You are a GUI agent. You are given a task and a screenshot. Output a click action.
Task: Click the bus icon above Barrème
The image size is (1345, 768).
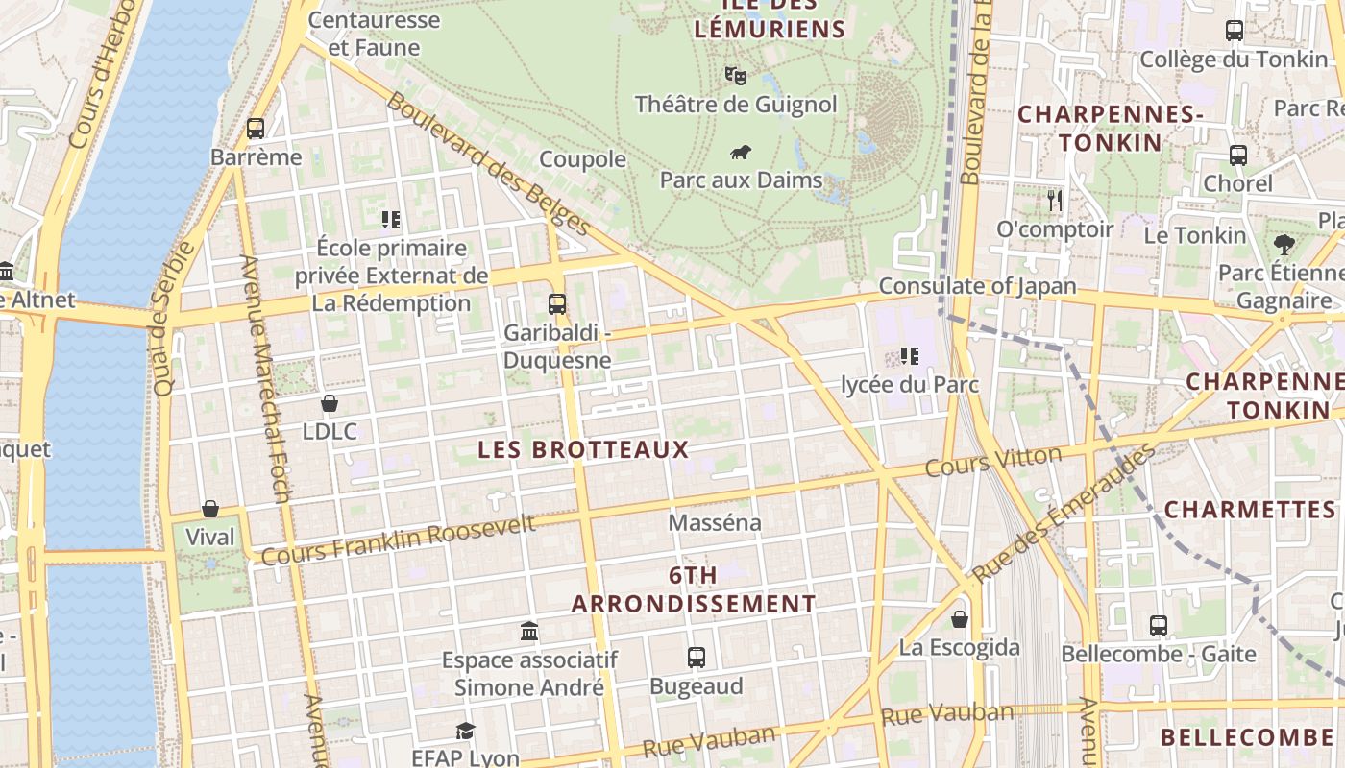pos(256,129)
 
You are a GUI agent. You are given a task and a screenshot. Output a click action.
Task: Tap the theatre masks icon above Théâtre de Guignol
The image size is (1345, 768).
pos(736,75)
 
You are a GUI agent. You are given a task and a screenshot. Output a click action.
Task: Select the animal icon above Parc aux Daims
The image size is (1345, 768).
pos(740,152)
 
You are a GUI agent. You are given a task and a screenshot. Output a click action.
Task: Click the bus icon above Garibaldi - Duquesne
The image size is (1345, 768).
pos(557,304)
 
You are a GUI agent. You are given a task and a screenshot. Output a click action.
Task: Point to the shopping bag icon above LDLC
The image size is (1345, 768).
pos(330,403)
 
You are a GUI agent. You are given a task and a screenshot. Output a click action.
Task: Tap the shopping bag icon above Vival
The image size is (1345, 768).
pos(210,509)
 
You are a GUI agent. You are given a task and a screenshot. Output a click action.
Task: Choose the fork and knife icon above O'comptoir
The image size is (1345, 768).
pos(1055,201)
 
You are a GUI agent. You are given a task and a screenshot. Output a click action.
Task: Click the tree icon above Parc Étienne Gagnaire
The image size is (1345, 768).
pos(1284,245)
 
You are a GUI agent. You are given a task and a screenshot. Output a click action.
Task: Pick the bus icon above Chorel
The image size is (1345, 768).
pos(1238,155)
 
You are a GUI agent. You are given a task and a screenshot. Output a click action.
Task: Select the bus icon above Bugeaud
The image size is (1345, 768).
pos(697,658)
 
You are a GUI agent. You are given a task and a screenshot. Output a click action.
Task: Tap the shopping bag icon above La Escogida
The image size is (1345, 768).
pos(959,619)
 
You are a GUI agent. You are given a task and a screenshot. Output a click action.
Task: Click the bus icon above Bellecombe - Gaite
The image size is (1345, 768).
pos(1159,626)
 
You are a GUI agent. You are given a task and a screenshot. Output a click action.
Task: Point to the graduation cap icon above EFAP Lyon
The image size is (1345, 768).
pos(465,731)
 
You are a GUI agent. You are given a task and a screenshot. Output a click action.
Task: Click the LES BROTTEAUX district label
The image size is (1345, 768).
pos(584,449)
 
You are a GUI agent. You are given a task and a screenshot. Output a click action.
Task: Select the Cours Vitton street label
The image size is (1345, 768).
pos(992,462)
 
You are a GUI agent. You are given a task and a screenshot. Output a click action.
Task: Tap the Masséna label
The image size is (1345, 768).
pos(715,523)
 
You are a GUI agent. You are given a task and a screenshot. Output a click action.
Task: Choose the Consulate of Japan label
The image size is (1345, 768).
pos(977,286)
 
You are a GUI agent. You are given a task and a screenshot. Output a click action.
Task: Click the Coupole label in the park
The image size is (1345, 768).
pos(582,159)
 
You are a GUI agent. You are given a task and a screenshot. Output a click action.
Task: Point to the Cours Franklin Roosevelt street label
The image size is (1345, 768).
pos(398,540)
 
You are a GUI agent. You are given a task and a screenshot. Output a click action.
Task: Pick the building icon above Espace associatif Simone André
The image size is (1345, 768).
pos(529,632)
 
